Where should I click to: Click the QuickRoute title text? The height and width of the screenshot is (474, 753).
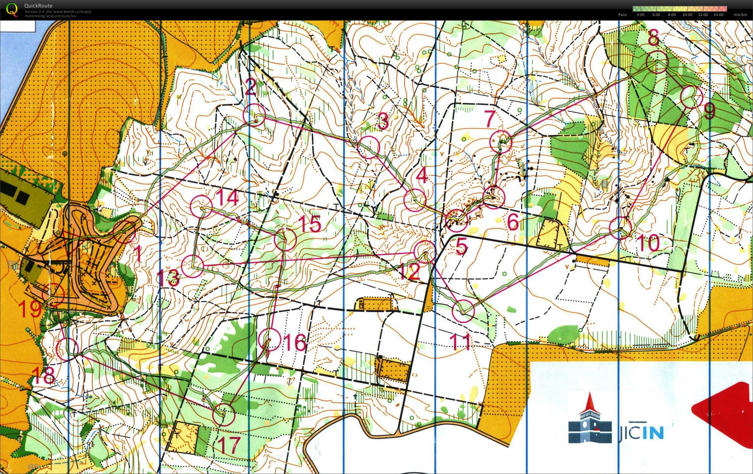coord(38,6)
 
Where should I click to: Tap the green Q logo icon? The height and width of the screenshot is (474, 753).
coord(12,9)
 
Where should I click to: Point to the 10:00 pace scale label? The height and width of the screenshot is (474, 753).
coord(687,15)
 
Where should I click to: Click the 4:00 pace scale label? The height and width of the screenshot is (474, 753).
coord(640,15)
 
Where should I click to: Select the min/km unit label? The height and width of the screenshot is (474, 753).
coord(740,15)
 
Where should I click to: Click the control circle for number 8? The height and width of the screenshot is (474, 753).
coord(657,62)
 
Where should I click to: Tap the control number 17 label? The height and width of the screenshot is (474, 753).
coord(229,445)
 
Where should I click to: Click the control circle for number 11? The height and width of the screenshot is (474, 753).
coord(463,311)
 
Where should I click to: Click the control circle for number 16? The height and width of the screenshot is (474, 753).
coord(270,340)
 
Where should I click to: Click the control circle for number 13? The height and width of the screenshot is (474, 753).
coord(192,266)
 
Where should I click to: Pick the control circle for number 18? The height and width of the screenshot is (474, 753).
coord(67,349)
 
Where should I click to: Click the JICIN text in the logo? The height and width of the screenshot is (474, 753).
coord(641,433)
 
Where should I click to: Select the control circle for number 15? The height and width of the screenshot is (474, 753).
coord(285,239)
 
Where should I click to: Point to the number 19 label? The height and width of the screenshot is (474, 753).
coord(30,309)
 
